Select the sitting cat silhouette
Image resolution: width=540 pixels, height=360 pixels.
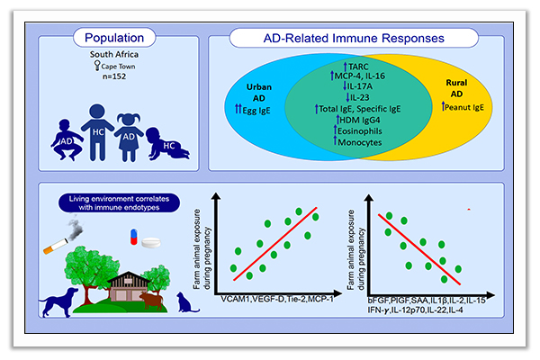189,302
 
